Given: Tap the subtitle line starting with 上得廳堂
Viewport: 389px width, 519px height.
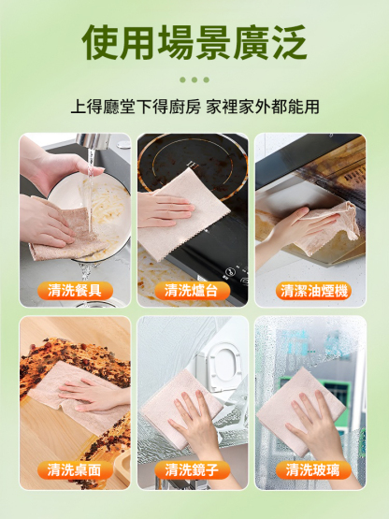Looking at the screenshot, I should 194,106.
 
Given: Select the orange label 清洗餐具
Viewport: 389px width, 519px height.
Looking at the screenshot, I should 76,291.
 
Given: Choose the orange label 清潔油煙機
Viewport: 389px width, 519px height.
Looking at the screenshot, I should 313,291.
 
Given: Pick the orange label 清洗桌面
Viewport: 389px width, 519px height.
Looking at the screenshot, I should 76,469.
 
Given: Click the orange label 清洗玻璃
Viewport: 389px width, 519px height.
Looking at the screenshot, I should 313,469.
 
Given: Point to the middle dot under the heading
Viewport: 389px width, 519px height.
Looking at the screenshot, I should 194,79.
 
